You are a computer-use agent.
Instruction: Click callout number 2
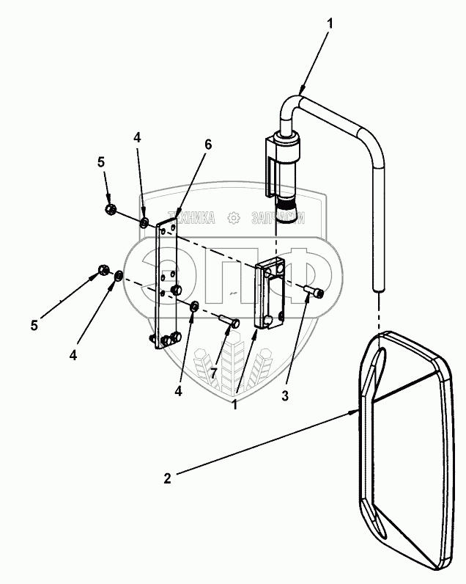click(167, 478)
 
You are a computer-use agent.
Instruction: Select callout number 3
click(285, 396)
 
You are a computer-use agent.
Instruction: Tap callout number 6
click(207, 144)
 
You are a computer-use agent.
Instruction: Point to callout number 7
click(213, 373)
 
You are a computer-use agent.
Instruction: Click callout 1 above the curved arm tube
click(330, 23)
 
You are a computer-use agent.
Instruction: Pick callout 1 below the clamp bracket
click(234, 404)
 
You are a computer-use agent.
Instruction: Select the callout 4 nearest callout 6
click(137, 138)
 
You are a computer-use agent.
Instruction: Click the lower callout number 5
click(34, 325)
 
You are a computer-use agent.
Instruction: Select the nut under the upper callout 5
click(110, 209)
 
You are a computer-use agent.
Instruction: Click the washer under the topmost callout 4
click(144, 223)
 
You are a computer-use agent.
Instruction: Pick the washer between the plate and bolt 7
click(193, 307)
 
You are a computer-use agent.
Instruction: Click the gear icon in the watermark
click(234, 218)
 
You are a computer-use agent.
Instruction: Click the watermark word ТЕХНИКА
click(191, 218)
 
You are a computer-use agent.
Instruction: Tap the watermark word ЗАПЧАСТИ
click(278, 218)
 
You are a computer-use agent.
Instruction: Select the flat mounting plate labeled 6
click(166, 285)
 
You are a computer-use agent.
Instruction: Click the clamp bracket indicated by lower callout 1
click(270, 295)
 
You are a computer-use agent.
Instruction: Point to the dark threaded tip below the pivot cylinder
click(286, 211)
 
